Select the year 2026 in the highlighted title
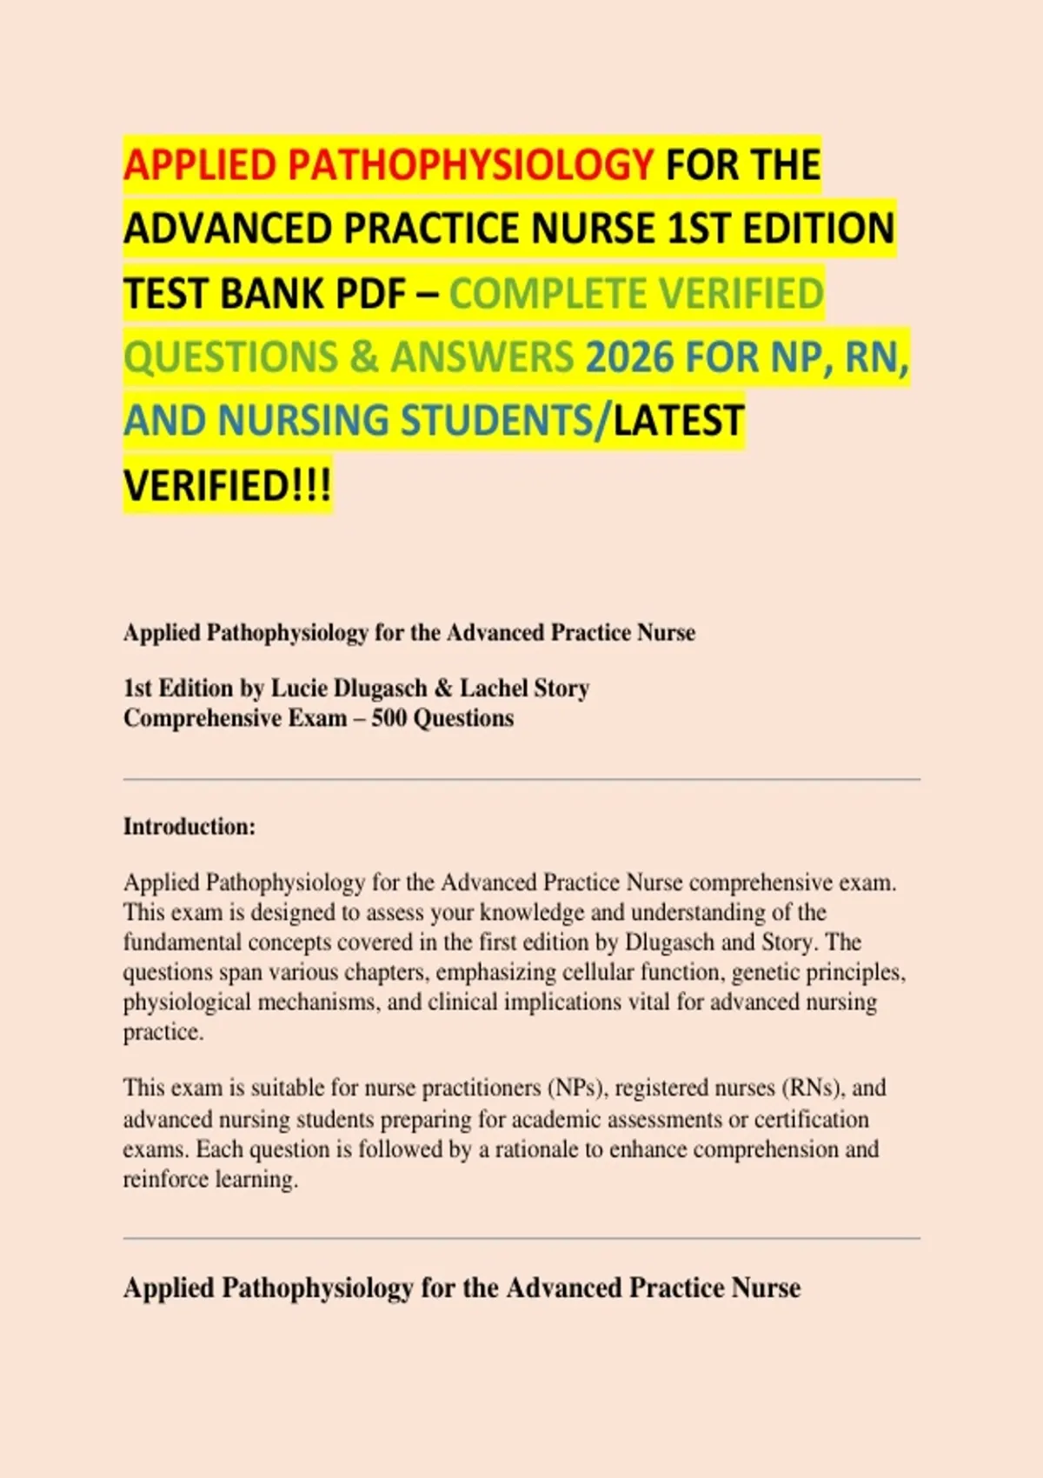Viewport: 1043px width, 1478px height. [629, 356]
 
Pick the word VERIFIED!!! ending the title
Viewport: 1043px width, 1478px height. [227, 485]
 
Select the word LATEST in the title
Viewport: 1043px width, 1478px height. [678, 421]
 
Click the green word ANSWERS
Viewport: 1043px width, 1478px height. [482, 356]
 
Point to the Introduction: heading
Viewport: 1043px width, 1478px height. [189, 826]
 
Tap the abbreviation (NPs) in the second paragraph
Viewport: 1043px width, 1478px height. [575, 1088]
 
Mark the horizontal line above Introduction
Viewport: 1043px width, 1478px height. [521, 780]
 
